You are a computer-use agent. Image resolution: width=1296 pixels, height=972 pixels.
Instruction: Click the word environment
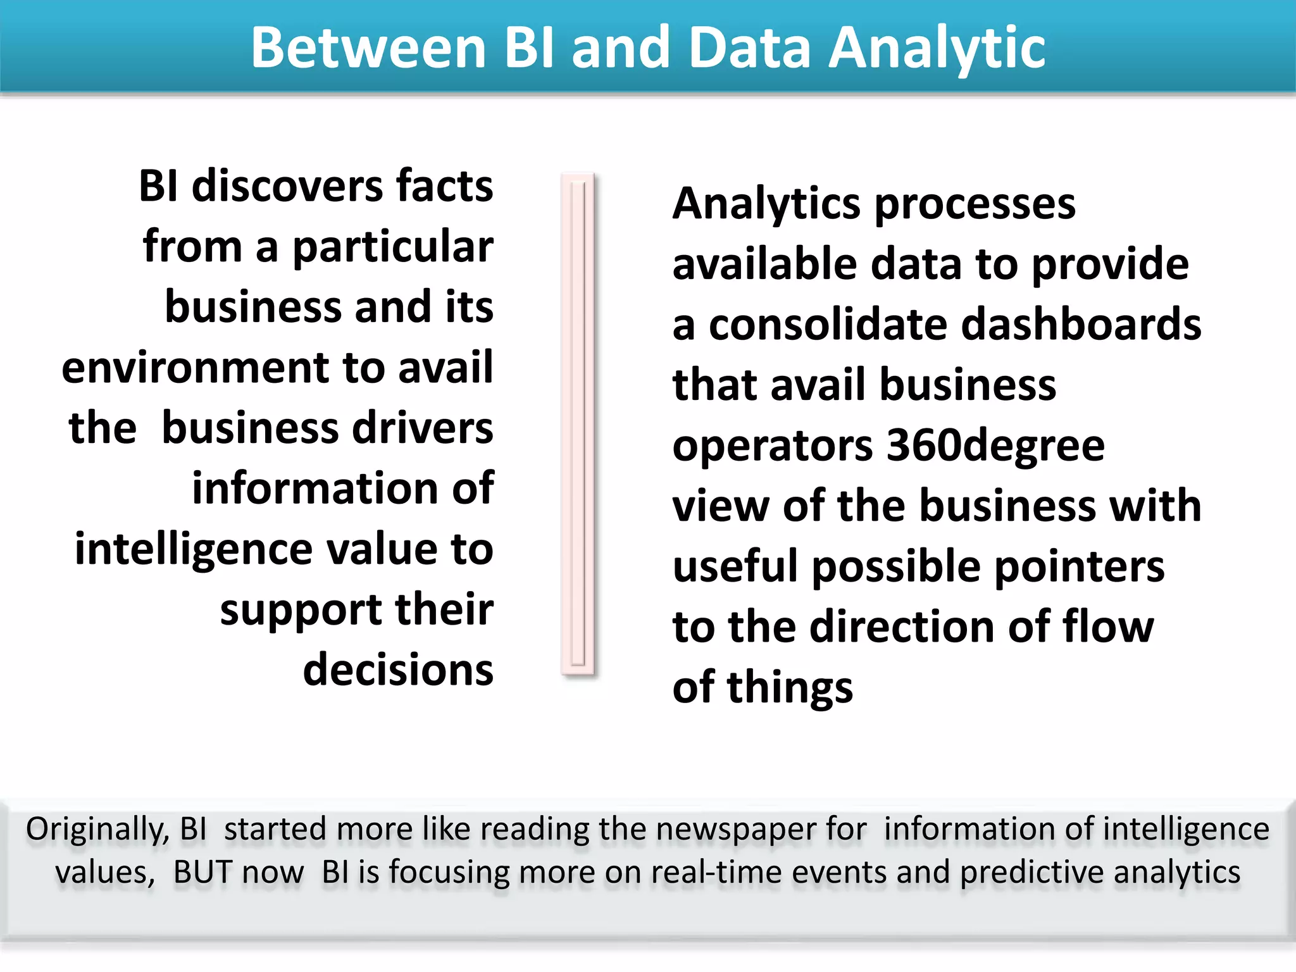pos(196,368)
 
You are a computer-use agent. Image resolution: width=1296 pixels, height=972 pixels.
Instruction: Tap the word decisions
pos(398,670)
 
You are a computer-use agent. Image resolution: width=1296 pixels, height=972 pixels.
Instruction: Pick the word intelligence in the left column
pos(193,549)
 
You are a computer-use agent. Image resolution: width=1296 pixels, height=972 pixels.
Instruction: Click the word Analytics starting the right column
pos(766,204)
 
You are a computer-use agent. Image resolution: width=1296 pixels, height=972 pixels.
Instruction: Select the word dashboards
pos(1081,324)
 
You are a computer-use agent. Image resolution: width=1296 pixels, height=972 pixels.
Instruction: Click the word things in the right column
pos(790,687)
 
